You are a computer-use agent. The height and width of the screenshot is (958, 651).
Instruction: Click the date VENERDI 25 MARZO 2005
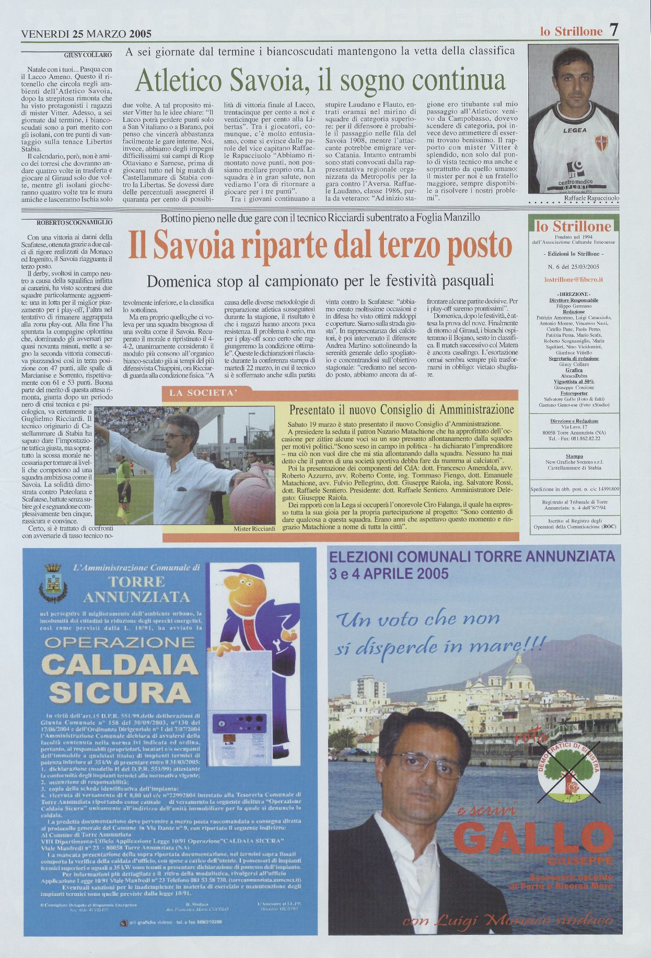click(86, 34)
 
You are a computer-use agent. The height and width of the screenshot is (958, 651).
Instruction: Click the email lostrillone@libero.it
click(573, 280)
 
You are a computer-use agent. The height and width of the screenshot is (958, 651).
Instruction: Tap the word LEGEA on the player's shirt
click(574, 130)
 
